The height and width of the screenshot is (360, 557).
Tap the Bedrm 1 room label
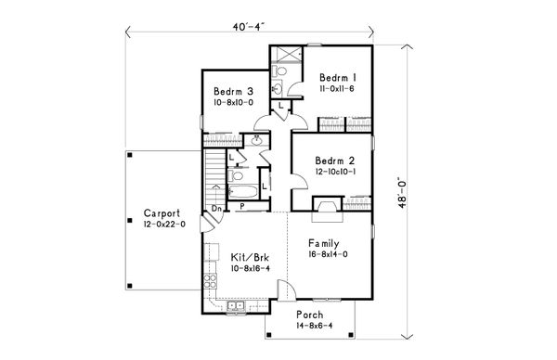pyautogui.click(x=333, y=77)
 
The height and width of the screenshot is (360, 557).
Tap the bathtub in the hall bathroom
pyautogui.click(x=235, y=178)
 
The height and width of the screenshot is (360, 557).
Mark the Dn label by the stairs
pyautogui.click(x=214, y=208)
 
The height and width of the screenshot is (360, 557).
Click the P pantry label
pyautogui.click(x=242, y=206)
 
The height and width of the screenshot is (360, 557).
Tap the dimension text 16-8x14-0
pyautogui.click(x=323, y=253)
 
